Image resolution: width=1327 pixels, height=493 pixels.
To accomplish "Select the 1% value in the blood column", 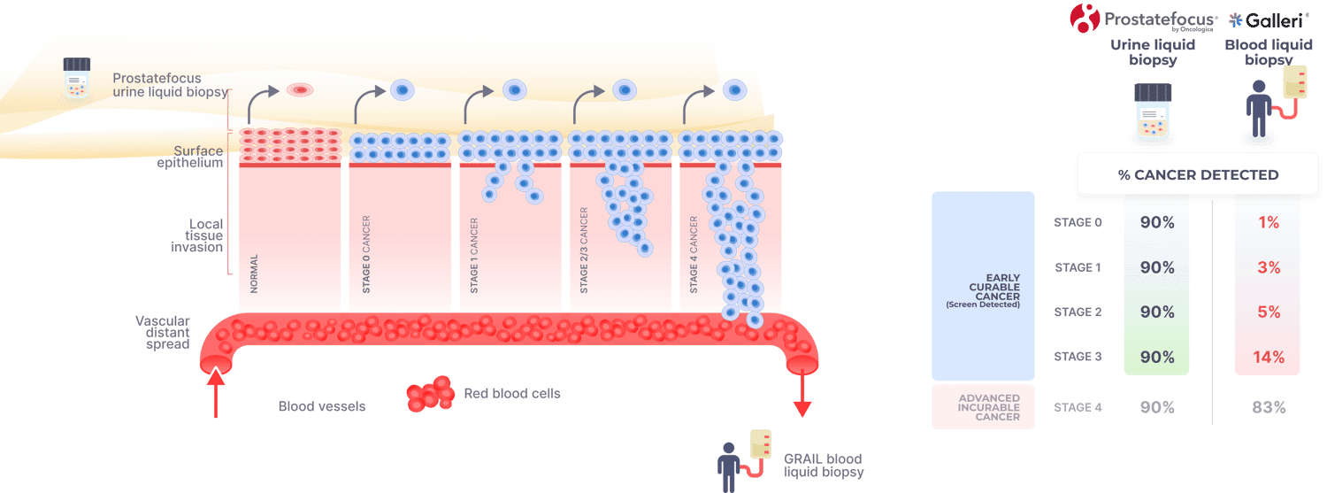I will pyautogui.click(x=1269, y=223).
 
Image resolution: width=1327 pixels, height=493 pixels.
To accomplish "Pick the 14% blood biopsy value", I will pyautogui.click(x=1269, y=357).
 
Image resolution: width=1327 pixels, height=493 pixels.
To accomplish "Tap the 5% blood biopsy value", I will pyautogui.click(x=1269, y=312).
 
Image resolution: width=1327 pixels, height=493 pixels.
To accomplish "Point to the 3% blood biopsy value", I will pyautogui.click(x=1269, y=267).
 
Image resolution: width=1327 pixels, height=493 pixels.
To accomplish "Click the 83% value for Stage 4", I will pyautogui.click(x=1269, y=407).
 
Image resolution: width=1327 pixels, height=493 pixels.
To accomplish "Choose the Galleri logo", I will pyautogui.click(x=1269, y=19).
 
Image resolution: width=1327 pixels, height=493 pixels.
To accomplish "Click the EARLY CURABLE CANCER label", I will pyautogui.click(x=984, y=287).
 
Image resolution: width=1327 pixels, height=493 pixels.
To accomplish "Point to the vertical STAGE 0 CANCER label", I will pyautogui.click(x=365, y=254).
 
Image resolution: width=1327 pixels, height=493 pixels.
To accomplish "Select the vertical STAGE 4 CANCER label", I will pyautogui.click(x=694, y=255).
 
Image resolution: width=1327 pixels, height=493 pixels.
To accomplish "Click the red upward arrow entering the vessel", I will pyautogui.click(x=216, y=389).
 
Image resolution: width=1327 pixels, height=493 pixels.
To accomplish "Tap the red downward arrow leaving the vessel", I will pyautogui.click(x=802, y=394).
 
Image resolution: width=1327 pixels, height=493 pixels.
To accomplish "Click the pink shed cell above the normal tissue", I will pyautogui.click(x=299, y=89).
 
